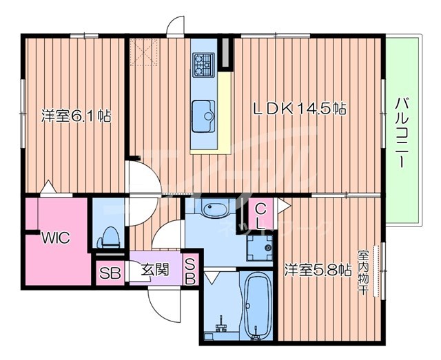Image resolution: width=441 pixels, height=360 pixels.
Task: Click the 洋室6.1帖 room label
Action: click(76, 116)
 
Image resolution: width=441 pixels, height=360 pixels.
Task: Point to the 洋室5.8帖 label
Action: click(318, 270)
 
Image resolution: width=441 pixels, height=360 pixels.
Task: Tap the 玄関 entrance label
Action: click(156, 270)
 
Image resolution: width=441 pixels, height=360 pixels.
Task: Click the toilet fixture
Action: click(110, 235)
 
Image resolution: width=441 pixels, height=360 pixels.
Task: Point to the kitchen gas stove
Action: click(204, 65)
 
